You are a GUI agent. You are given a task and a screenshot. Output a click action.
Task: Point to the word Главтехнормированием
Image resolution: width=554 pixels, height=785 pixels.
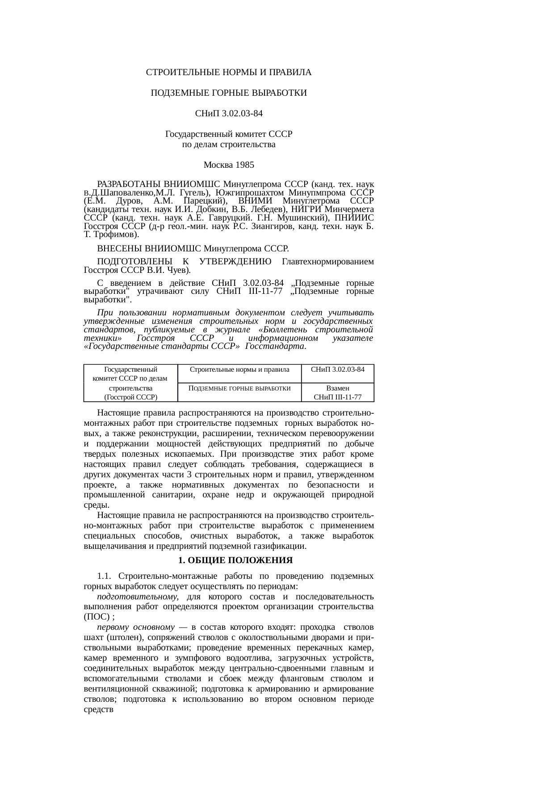tap(328, 261)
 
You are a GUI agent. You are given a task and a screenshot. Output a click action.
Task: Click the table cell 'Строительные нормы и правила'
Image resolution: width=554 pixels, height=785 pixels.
tap(239, 369)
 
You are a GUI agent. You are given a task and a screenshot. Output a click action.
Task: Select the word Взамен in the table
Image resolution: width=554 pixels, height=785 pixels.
tap(337, 388)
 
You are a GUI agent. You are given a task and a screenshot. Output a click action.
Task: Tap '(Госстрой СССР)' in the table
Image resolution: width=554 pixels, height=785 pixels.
tap(130, 397)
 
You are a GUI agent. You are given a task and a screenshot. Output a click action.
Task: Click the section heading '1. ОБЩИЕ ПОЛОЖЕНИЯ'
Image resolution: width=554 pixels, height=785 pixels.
tap(235, 560)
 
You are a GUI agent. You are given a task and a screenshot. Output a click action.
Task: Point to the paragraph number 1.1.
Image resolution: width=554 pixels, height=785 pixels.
tap(104, 576)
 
